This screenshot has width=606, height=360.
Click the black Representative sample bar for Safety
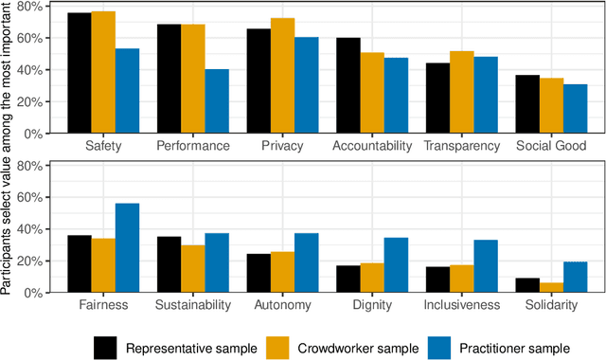pos(80,73)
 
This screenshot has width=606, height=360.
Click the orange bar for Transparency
pos(461,92)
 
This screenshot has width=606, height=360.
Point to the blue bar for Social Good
pos(575,109)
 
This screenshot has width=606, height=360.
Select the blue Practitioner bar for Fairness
pos(128,248)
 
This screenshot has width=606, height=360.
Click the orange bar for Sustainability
pos(193,269)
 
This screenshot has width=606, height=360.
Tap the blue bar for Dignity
pos(395,265)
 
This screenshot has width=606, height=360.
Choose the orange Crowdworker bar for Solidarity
pos(551,287)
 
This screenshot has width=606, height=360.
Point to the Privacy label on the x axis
pos(282,147)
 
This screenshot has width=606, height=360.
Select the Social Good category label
pos(551,147)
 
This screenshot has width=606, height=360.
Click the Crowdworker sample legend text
pos(357,348)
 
